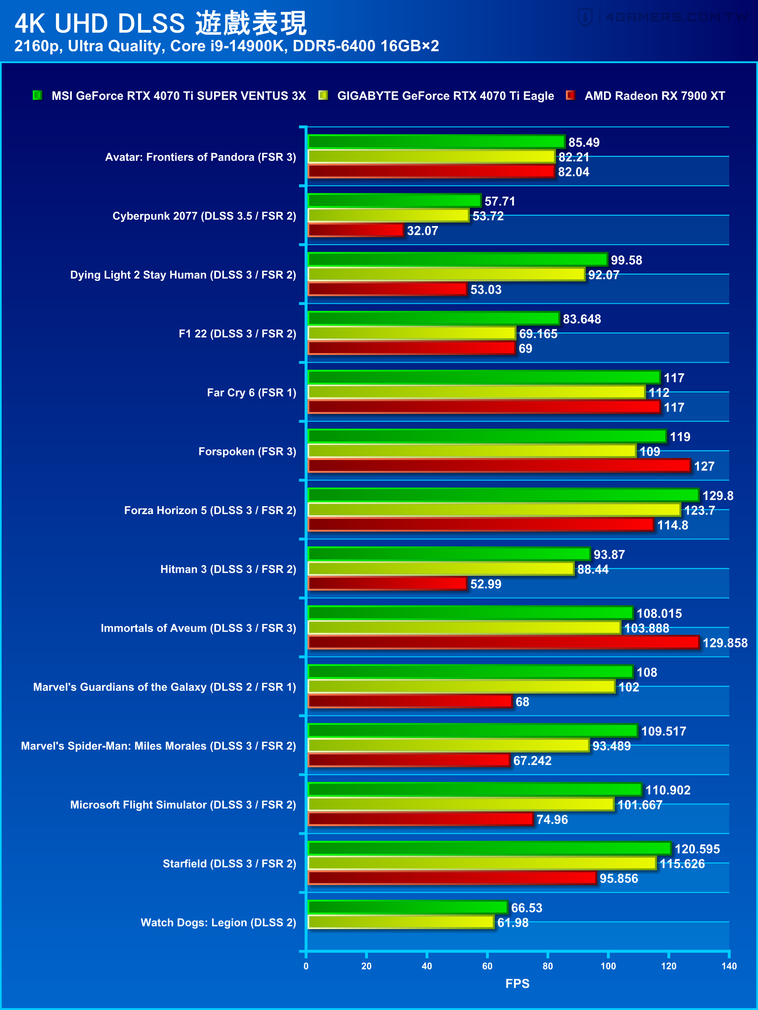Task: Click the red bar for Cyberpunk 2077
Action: [355, 230]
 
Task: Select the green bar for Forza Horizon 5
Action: [503, 495]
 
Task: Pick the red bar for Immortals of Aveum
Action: [503, 642]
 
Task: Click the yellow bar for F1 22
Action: [411, 333]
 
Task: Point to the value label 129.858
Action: [725, 643]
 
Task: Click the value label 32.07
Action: [422, 230]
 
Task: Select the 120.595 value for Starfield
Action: [697, 849]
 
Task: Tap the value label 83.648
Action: [582, 319]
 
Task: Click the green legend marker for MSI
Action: [38, 95]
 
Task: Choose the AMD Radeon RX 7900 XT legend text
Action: [654, 96]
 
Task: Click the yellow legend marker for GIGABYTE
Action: [323, 95]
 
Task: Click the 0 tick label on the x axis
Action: [306, 966]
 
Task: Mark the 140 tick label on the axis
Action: [729, 966]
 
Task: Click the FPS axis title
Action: [517, 984]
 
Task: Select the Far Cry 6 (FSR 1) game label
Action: [251, 393]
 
